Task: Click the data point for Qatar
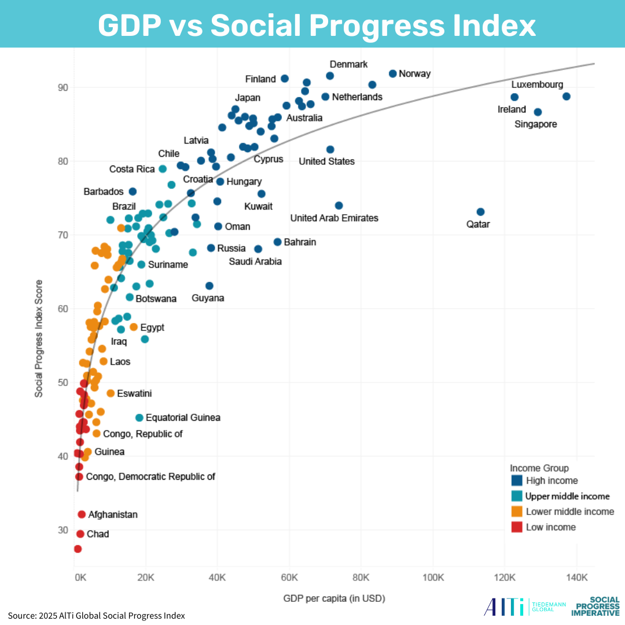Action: point(480,212)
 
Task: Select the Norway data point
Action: point(392,73)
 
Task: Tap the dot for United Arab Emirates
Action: point(339,205)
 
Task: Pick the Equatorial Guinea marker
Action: point(139,417)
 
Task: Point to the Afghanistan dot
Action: point(82,514)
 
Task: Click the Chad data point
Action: point(80,534)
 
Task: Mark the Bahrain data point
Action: point(277,242)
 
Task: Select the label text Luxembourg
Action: point(537,84)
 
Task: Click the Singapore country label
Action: point(535,124)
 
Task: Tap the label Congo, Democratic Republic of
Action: point(150,477)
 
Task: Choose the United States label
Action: point(326,161)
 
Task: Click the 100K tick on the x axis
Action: point(433,577)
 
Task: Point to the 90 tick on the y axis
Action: point(62,87)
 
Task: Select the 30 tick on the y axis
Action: point(62,530)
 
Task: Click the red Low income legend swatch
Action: point(517,527)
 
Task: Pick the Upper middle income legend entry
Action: point(567,496)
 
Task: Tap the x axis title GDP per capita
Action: point(334,598)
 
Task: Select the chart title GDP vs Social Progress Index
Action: point(317,25)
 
